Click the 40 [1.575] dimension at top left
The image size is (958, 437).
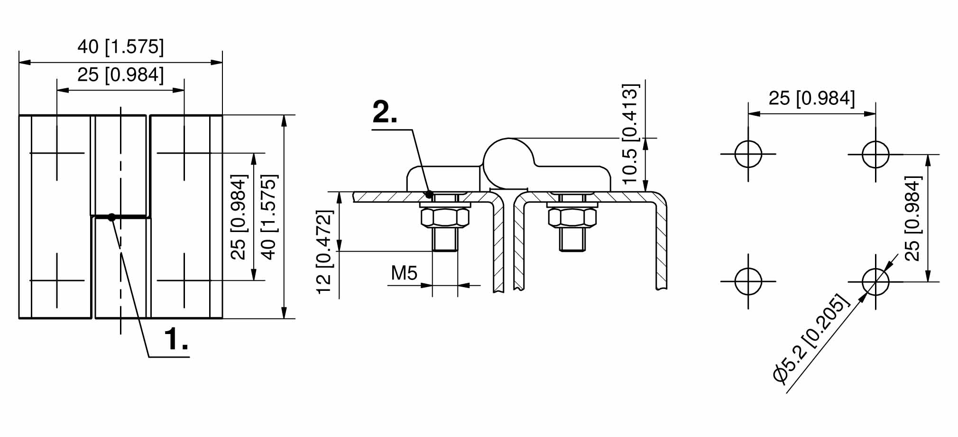(120, 47)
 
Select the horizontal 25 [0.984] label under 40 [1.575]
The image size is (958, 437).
(120, 75)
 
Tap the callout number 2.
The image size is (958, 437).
(385, 112)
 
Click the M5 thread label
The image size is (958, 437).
(404, 273)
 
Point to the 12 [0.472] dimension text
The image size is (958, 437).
(325, 252)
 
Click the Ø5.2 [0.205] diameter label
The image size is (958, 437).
(810, 338)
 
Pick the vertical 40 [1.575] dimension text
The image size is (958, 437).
(268, 217)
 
